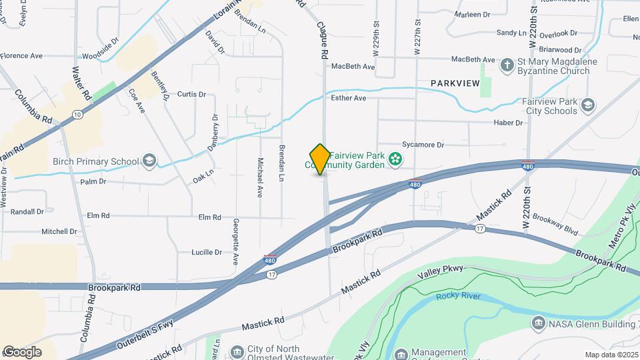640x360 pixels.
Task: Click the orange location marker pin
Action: click(x=320, y=159)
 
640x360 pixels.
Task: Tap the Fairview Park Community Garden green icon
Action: click(x=395, y=159)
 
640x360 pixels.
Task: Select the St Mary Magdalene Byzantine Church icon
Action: click(x=508, y=65)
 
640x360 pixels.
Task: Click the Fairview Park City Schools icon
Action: click(x=588, y=105)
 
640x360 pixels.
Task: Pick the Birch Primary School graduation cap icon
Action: click(x=149, y=161)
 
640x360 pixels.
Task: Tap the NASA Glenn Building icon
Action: click(x=538, y=323)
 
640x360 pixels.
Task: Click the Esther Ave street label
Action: click(x=349, y=98)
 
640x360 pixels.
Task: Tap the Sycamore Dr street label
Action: click(x=423, y=144)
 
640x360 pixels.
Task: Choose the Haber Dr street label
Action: click(x=508, y=123)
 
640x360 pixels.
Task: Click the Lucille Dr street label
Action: click(x=207, y=253)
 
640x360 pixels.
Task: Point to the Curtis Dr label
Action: click(x=191, y=95)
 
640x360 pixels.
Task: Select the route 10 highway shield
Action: click(x=78, y=115)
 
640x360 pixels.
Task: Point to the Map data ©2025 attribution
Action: click(x=611, y=355)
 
